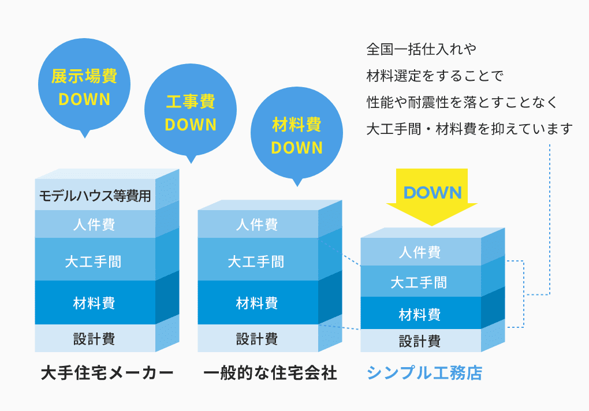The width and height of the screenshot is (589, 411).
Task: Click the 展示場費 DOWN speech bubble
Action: tap(84, 87)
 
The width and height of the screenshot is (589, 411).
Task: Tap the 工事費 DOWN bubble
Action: tap(190, 113)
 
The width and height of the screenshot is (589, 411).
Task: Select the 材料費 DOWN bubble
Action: tap(296, 136)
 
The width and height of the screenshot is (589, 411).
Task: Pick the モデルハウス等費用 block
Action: tap(95, 196)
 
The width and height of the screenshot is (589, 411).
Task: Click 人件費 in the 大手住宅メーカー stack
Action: tap(95, 224)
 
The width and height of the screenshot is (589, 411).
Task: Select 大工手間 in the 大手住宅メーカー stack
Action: tap(95, 261)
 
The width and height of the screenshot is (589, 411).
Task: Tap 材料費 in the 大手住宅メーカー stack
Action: tap(95, 302)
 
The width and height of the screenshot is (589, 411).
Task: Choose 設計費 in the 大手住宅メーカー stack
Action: tap(95, 338)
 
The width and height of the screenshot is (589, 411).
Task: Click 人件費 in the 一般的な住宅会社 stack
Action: tap(258, 224)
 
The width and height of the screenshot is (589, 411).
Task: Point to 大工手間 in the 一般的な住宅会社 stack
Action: tap(258, 261)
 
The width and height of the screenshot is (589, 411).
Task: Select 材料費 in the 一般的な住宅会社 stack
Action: tap(258, 302)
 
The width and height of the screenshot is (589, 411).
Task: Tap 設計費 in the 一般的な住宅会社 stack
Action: tap(258, 338)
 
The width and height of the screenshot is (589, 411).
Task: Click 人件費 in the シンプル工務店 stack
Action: tap(420, 252)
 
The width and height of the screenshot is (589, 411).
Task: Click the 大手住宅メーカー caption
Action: tap(107, 373)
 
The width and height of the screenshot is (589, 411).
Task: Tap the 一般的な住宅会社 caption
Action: tap(270, 373)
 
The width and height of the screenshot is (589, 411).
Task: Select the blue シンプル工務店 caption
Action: tap(424, 373)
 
